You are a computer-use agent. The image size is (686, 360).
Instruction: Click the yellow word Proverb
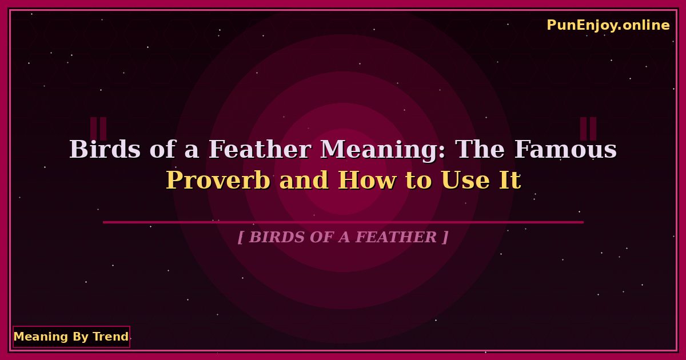pyautogui.click(x=218, y=181)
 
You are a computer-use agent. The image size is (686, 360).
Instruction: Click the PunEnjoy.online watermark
pyautogui.click(x=608, y=25)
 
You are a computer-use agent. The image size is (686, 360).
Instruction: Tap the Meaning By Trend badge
pyautogui.click(x=71, y=337)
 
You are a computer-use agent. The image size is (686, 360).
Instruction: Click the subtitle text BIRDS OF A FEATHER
pyautogui.click(x=343, y=237)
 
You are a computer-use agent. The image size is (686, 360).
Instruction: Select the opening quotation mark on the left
pyautogui.click(x=98, y=129)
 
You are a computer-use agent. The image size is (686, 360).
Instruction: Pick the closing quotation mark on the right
pyautogui.click(x=588, y=129)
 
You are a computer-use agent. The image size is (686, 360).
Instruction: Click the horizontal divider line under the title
pyautogui.click(x=343, y=222)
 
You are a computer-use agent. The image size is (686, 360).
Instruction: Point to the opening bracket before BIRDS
pyautogui.click(x=241, y=237)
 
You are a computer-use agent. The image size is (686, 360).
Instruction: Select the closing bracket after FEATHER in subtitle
pyautogui.click(x=445, y=237)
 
